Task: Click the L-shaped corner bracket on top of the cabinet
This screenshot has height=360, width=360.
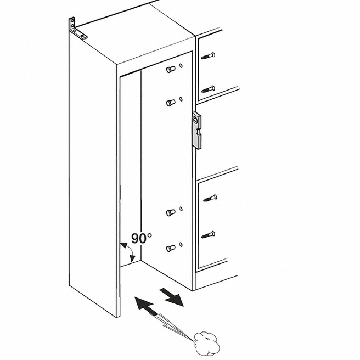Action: [77, 29]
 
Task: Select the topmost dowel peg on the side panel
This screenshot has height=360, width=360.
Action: [171, 70]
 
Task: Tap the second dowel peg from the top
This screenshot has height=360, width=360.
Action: [171, 102]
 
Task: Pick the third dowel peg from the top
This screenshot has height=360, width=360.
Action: [171, 212]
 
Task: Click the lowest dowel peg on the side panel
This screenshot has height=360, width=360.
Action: [171, 248]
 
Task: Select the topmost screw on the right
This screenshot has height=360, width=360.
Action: [208, 55]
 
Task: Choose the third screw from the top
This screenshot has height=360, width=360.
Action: [209, 198]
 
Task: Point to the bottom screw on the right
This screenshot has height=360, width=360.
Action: [208, 234]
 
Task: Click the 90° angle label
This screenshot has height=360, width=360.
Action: [141, 238]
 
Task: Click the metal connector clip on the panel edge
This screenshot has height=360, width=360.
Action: [196, 130]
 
